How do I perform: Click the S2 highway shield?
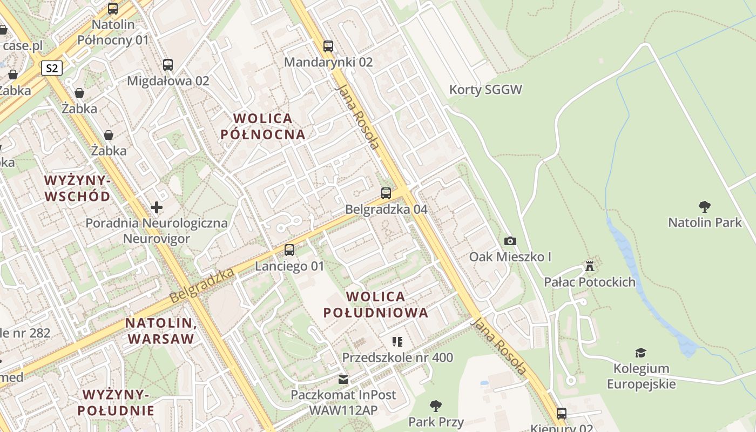click(52, 68)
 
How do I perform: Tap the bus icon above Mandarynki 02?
click(328, 46)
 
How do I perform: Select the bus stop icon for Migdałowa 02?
click(168, 65)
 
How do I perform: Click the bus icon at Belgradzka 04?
click(386, 193)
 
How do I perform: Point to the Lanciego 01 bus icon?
click(289, 249)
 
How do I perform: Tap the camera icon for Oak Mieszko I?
click(510, 241)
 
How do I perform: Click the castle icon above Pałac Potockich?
click(590, 266)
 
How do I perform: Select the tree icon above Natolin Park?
click(704, 206)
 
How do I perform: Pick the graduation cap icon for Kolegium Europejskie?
click(641, 353)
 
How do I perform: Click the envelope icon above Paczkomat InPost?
click(343, 379)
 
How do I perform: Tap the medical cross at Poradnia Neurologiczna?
click(157, 207)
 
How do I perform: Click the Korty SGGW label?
click(485, 90)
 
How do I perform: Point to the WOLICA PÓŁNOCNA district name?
click(263, 126)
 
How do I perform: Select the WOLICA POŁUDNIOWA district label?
click(375, 304)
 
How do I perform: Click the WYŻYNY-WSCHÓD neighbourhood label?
click(77, 187)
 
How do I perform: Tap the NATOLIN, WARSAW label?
click(160, 330)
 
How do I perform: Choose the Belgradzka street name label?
click(201, 286)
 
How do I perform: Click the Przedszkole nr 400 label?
click(397, 357)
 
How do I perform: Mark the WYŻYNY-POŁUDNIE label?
click(116, 402)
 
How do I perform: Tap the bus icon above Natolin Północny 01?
click(113, 8)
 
